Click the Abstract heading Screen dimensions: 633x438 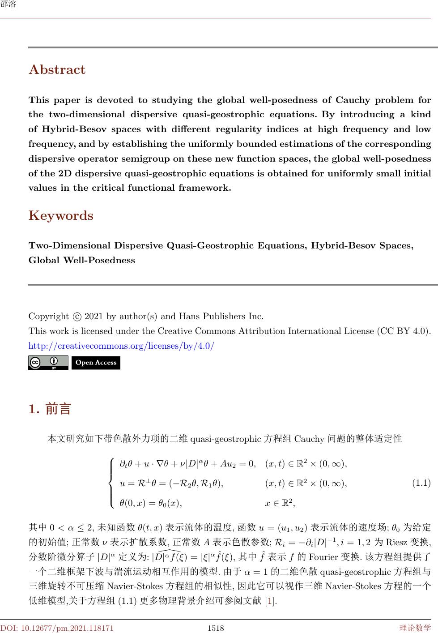[x=57, y=70]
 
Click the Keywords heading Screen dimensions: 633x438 [x=61, y=216]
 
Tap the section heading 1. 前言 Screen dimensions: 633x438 [x=50, y=409]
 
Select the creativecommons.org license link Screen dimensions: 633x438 [x=121, y=346]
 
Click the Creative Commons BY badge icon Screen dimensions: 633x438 [x=48, y=363]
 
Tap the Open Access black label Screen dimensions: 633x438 [x=96, y=363]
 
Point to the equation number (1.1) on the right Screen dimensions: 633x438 [x=421, y=483]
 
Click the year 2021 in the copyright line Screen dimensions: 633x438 [x=94, y=316]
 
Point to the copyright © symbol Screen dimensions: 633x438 [x=77, y=316]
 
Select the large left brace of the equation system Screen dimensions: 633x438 [x=111, y=483]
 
